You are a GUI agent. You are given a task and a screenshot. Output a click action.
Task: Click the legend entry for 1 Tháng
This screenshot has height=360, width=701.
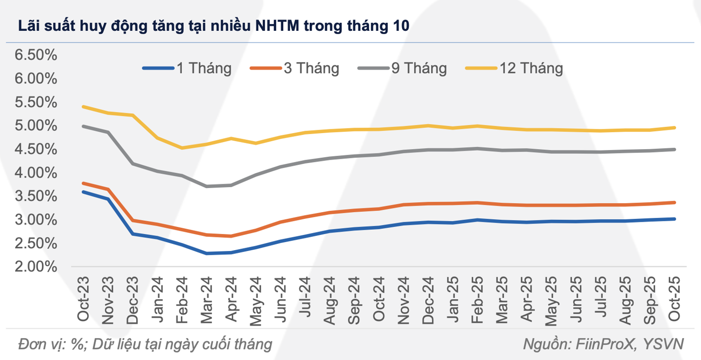[187, 68]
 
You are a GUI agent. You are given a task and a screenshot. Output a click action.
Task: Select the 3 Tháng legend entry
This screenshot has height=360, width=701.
[294, 68]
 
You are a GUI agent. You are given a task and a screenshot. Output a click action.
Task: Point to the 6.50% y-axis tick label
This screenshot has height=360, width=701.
[36, 55]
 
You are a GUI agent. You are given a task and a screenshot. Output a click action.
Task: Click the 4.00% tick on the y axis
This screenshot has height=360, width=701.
[36, 173]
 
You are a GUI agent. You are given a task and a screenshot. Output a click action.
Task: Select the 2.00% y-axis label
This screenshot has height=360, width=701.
[36, 267]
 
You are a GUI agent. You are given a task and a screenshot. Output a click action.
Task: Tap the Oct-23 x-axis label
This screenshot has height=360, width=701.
[84, 298]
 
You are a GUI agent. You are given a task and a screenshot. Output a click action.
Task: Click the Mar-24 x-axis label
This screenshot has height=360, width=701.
[207, 298]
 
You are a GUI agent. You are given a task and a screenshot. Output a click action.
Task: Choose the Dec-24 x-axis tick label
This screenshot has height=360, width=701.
[429, 298]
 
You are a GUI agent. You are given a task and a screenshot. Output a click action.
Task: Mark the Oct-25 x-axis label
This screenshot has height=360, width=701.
[674, 298]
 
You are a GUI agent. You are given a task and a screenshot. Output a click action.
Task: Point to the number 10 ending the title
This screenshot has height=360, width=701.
[399, 26]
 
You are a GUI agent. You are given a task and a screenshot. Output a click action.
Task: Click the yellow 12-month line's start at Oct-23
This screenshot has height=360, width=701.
[84, 107]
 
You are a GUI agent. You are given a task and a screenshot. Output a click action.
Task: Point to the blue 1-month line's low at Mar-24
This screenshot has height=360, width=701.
[207, 253]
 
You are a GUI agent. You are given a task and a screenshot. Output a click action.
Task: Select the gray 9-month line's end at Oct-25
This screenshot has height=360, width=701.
[674, 149]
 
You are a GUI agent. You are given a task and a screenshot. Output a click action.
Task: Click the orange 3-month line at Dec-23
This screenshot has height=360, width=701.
[133, 220]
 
